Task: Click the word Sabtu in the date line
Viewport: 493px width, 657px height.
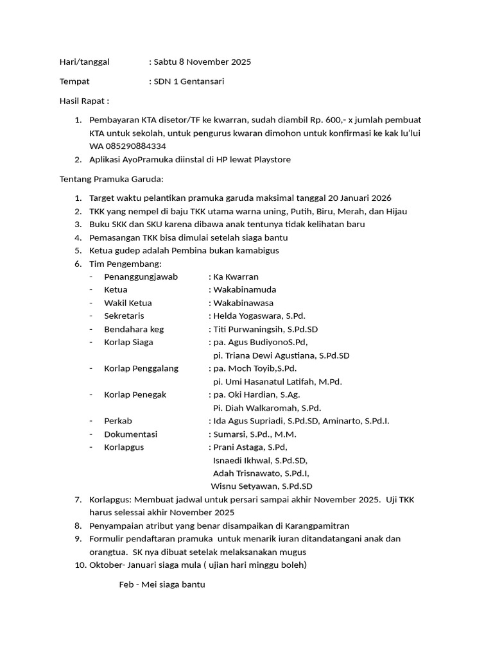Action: point(166,62)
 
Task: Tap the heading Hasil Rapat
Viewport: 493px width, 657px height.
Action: point(84,101)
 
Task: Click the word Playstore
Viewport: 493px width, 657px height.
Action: point(268,159)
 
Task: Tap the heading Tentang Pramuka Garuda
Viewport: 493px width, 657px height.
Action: point(112,179)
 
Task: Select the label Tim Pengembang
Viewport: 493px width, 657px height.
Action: point(126,264)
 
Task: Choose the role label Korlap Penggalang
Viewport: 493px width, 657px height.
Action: point(141,368)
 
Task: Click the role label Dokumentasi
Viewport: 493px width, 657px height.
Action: point(130,434)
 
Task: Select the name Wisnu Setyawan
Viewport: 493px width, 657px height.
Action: point(245,486)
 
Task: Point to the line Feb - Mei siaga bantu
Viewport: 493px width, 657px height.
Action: point(162,584)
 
